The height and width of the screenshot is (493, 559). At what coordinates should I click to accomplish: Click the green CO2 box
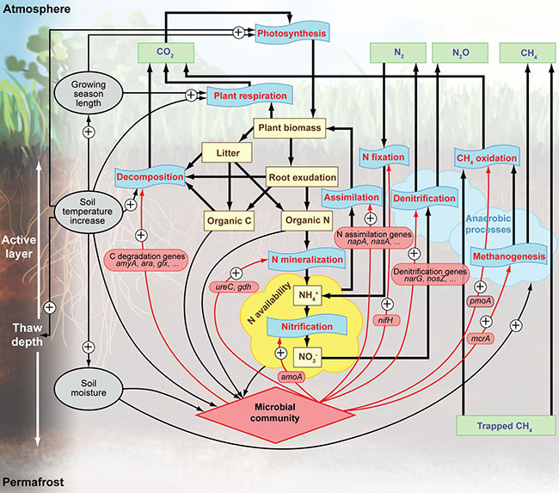coord(164,52)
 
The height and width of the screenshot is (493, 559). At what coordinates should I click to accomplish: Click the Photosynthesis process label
coord(292,34)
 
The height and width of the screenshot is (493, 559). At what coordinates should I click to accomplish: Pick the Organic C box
coord(228,219)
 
